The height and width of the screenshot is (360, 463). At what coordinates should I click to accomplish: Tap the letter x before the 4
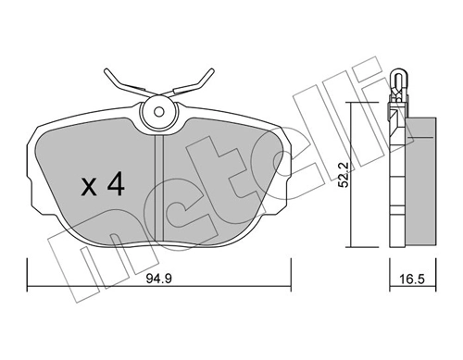coord(89,187)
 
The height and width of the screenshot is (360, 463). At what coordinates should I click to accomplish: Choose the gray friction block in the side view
coord(424,180)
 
